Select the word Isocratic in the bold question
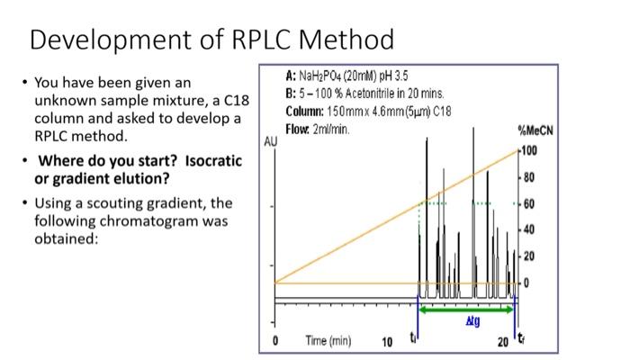coord(213,161)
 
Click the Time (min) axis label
coord(328,341)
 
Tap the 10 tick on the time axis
coord(388,342)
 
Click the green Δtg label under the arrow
coord(472,319)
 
